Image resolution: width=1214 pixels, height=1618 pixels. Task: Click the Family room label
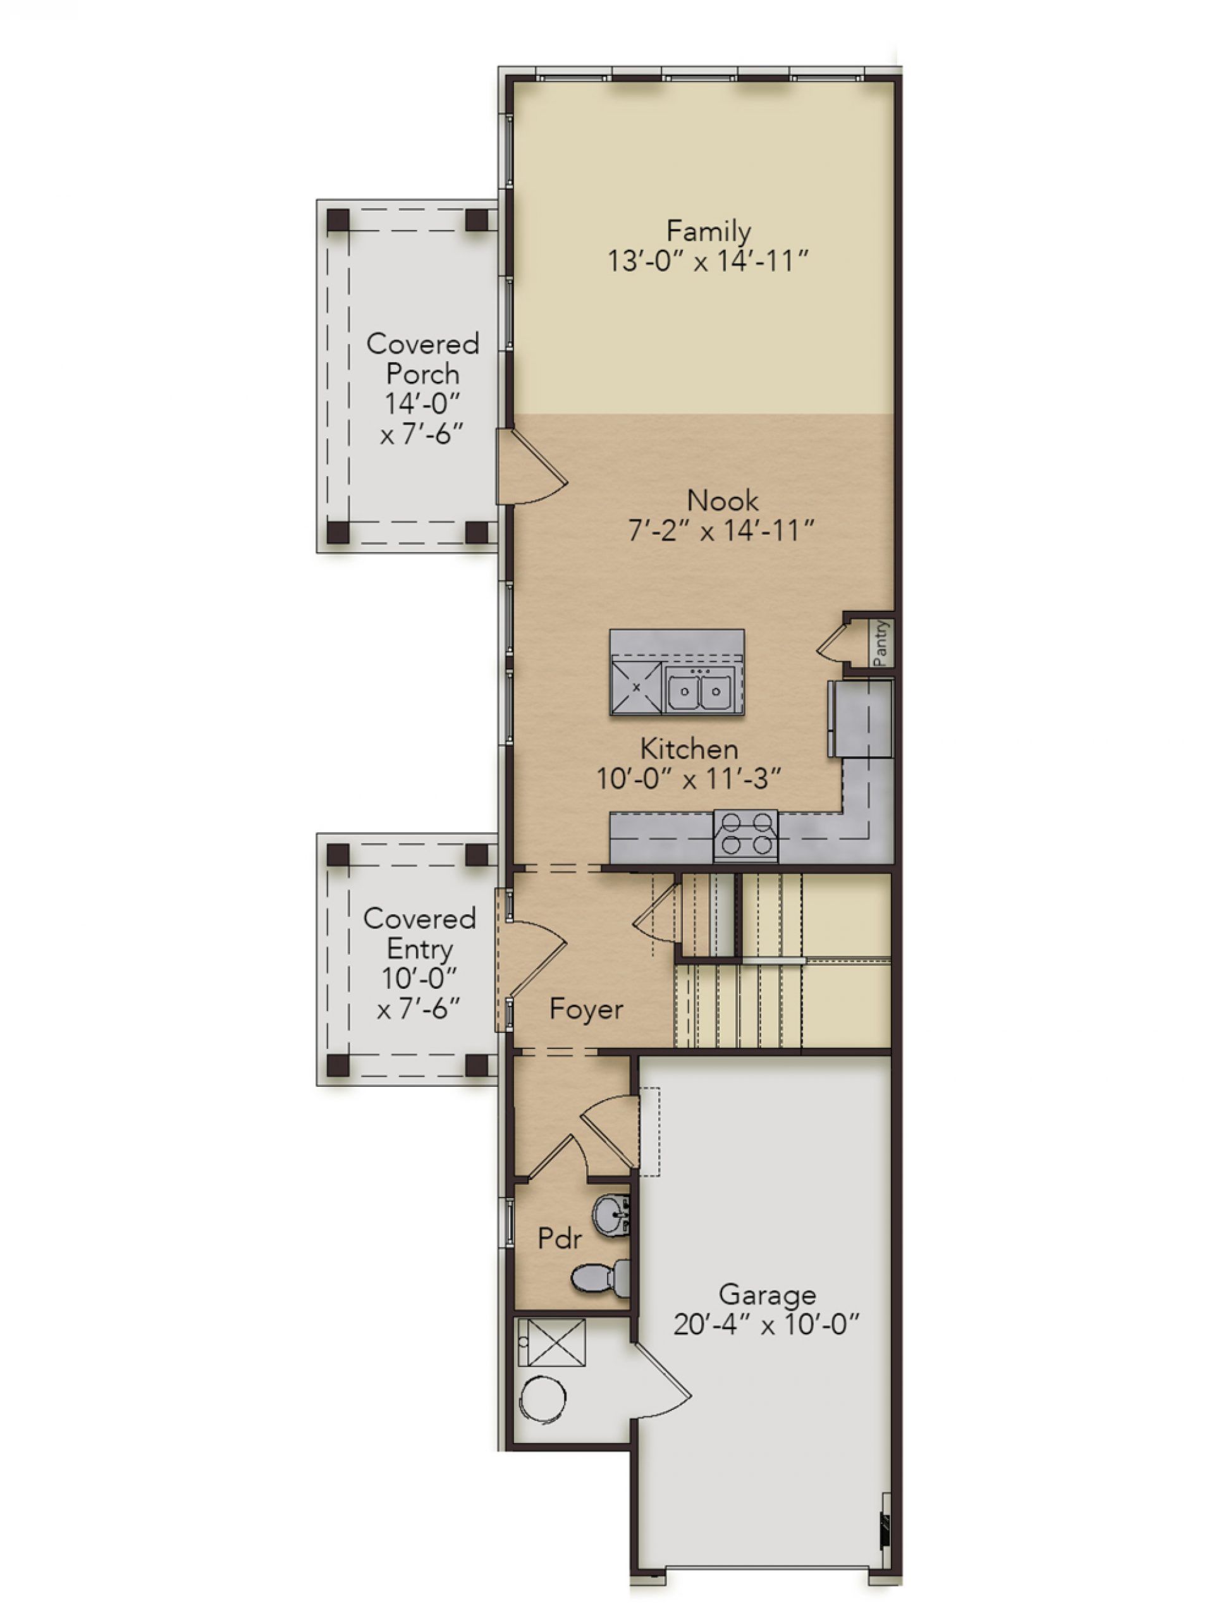tap(708, 232)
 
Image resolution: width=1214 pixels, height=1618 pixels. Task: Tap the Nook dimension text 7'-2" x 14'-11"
tap(720, 531)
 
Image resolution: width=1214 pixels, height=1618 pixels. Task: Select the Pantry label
tap(881, 643)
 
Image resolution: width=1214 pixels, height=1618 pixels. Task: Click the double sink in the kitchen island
tap(700, 690)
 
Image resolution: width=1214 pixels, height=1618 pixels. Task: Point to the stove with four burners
tap(744, 835)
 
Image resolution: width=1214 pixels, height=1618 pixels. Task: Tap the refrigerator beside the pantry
tap(860, 718)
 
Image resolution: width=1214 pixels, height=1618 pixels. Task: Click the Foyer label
tap(586, 1009)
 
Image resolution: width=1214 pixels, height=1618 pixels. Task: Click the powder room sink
tap(611, 1215)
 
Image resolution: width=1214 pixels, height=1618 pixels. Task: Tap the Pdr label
tap(560, 1239)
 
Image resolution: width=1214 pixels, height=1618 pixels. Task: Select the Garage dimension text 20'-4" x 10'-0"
tap(766, 1325)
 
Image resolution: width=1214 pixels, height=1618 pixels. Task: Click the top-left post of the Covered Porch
tap(338, 220)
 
